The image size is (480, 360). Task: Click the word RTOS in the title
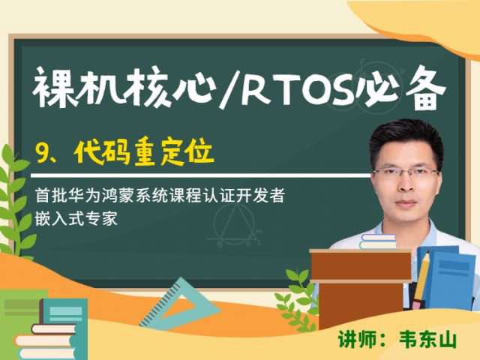pyautogui.click(x=297, y=88)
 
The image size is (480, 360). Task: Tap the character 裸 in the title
pyautogui.click(x=50, y=88)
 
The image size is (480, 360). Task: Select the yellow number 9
pyautogui.click(x=41, y=152)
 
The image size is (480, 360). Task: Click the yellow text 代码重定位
pyautogui.click(x=144, y=152)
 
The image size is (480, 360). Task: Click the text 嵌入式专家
pyautogui.click(x=76, y=218)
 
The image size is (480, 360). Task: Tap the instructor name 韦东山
pyautogui.click(x=427, y=340)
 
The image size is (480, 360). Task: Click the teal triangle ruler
pyautogui.click(x=181, y=306)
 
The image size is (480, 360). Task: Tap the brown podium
pyautogui.click(x=361, y=288)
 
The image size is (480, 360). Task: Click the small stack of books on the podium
pyautogui.click(x=378, y=241)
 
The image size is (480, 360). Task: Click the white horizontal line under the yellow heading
pyautogui.click(x=200, y=176)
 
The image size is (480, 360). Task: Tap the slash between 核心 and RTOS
pyautogui.click(x=228, y=88)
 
